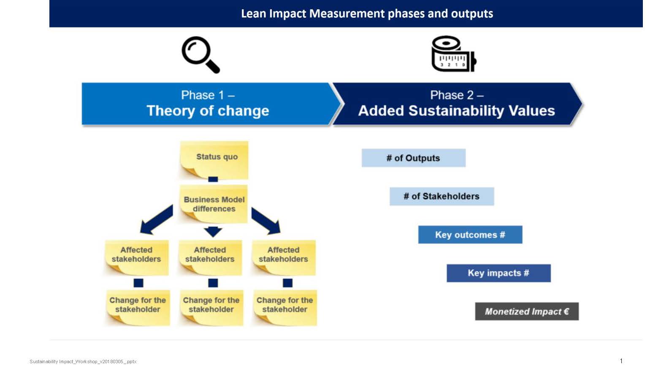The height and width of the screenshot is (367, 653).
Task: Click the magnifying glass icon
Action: [200, 55]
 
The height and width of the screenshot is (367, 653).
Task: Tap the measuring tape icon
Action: [453, 54]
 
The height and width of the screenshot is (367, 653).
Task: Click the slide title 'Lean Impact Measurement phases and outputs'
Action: [366, 13]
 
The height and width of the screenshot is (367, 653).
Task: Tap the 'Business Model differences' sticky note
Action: [214, 204]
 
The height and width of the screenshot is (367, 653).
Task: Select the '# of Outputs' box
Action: [413, 158]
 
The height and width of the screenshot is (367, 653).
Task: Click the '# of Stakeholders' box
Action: [442, 196]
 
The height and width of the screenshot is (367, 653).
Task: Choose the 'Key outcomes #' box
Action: [470, 235]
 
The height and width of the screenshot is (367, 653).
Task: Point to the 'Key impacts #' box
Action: [499, 273]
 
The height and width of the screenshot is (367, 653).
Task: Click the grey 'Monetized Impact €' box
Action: [526, 311]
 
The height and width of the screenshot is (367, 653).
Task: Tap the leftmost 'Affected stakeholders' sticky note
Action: [136, 256]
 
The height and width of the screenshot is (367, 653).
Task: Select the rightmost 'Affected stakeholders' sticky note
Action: [283, 256]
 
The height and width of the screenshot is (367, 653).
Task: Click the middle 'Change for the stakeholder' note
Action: [211, 306]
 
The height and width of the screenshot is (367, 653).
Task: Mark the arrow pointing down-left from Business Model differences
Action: [156, 219]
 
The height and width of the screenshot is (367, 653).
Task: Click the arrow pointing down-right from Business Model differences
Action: [266, 220]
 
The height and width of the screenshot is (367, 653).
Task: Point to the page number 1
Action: [621, 361]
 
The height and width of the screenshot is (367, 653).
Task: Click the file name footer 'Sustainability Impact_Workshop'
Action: [83, 362]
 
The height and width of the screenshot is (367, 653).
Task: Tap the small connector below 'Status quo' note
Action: [213, 179]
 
